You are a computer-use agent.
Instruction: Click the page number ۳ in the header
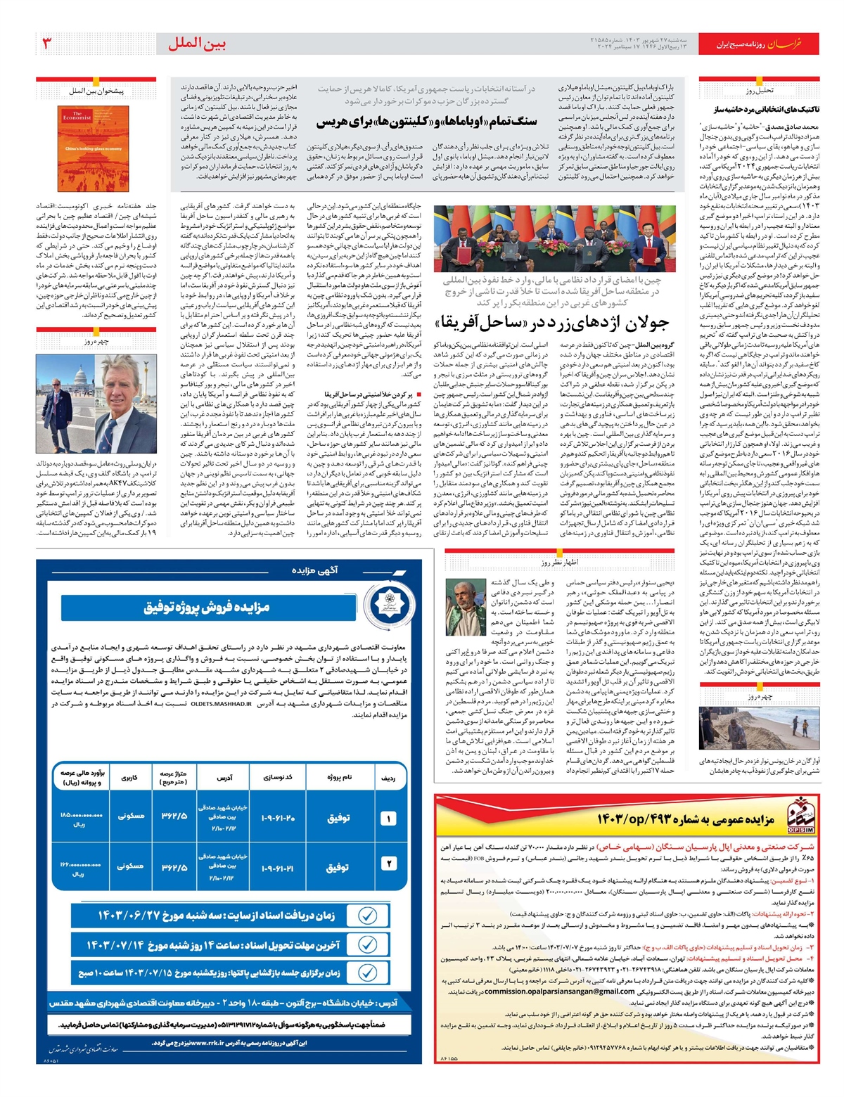[47, 44]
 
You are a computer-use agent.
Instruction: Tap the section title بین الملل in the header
[197, 44]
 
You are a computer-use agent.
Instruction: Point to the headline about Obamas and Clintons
[427, 122]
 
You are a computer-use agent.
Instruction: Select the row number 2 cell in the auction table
[388, 864]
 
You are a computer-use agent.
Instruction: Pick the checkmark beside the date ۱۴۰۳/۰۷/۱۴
[367, 944]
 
